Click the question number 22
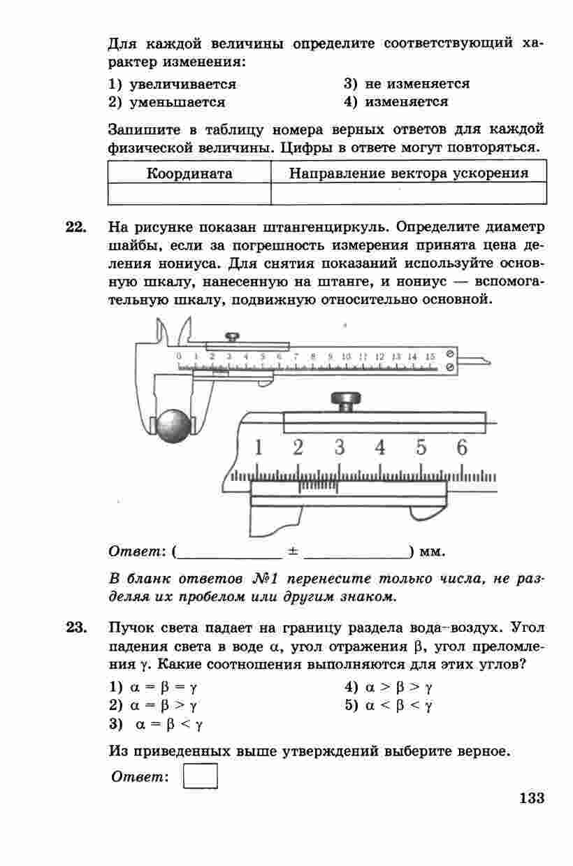point(75,228)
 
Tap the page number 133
point(531,798)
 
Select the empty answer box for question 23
point(201,776)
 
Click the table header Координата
point(189,173)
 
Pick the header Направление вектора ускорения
point(409,173)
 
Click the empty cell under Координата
point(189,194)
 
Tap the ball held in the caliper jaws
point(173,426)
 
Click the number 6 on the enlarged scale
point(461,447)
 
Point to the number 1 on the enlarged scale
point(258,447)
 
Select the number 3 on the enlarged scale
point(340,447)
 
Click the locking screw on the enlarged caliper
point(347,402)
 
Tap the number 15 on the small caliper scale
point(430,356)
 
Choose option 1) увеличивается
point(173,85)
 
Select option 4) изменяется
point(396,102)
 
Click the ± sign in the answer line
point(293,551)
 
